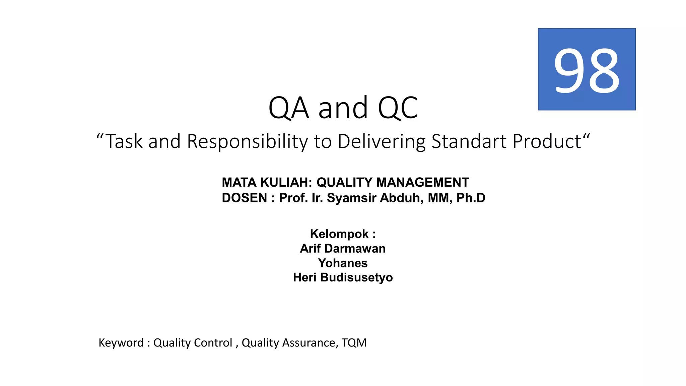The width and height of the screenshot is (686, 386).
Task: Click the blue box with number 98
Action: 587,69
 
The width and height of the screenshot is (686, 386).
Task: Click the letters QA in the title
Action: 288,108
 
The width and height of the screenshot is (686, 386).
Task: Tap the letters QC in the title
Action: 398,108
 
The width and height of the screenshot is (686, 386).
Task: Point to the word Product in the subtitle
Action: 547,141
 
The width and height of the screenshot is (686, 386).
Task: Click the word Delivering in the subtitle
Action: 381,141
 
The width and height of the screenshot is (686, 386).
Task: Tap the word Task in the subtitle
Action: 124,141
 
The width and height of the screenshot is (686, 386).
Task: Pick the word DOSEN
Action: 244,198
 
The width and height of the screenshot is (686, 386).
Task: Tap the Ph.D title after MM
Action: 471,198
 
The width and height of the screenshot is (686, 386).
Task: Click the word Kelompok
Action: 339,234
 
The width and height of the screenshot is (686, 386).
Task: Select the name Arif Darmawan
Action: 343,249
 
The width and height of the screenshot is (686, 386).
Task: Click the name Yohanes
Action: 343,263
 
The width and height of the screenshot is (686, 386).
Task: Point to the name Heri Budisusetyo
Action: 343,277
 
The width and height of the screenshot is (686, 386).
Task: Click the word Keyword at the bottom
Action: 121,343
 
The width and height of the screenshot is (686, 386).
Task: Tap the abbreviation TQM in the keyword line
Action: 354,343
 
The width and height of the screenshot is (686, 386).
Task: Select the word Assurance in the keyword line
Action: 308,343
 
